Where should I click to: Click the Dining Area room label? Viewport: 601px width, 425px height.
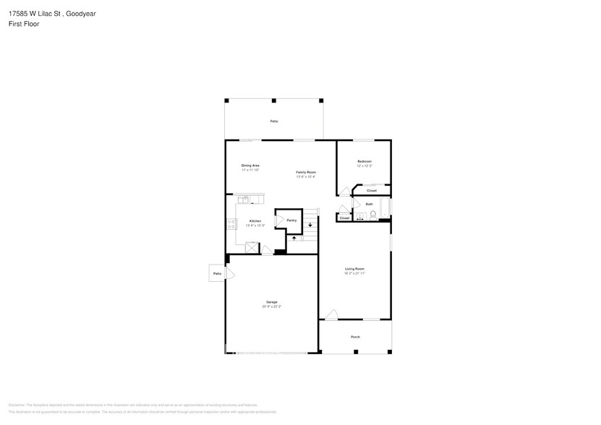250,166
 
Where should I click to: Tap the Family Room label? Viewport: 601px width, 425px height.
306,172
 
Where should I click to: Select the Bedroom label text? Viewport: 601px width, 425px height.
365,161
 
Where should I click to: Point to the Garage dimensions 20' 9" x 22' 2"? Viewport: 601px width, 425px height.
271,306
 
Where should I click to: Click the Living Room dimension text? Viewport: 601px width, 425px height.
354,273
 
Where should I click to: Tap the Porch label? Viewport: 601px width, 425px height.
355,337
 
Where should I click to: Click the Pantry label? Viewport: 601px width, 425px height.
291,220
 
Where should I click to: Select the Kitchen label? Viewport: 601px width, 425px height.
255,221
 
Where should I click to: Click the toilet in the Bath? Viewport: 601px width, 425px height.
373,214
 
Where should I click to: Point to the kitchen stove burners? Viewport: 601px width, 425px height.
231,223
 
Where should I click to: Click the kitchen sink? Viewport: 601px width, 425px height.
245,199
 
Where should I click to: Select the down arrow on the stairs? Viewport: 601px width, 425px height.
310,225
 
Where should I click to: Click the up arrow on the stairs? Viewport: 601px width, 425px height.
294,238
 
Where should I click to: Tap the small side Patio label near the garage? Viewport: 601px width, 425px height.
217,274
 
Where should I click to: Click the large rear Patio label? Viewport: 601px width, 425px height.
274,121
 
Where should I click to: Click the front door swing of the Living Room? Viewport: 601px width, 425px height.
331,314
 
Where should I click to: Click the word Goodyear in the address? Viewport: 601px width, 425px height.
81,13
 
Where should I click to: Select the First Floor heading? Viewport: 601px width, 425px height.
25,24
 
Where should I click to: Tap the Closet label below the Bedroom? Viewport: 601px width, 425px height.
371,191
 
